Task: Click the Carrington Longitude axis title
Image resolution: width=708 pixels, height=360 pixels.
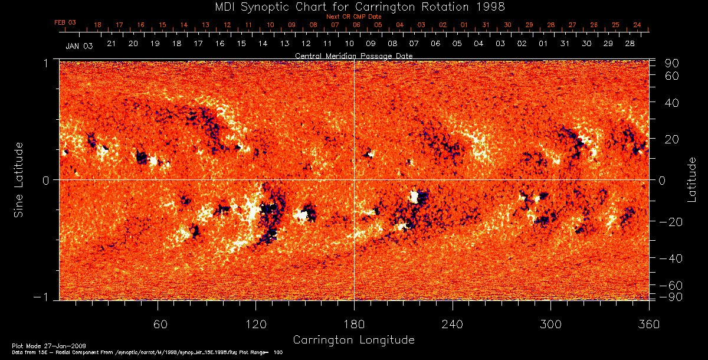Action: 353,340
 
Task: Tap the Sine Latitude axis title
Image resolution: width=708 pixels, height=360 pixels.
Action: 19,179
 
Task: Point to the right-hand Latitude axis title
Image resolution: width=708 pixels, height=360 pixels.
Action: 691,179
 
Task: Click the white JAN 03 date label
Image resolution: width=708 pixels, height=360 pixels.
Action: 79,45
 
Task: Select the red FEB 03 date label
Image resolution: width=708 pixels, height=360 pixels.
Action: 65,22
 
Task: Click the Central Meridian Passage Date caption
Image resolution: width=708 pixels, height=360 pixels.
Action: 353,55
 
